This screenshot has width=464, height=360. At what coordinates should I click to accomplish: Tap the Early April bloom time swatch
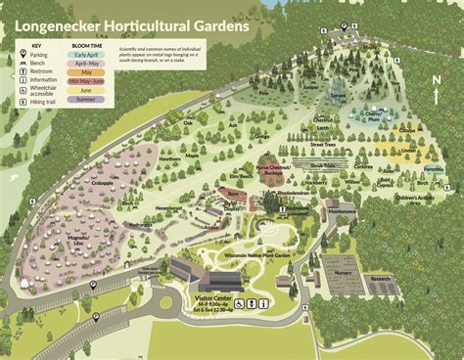tap(90, 56)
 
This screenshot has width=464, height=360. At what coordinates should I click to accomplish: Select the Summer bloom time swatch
tap(90, 99)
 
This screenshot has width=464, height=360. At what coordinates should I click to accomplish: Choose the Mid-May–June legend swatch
tap(90, 81)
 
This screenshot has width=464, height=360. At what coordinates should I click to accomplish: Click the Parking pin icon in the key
tap(22, 55)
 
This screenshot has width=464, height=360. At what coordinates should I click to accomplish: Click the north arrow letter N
tap(436, 79)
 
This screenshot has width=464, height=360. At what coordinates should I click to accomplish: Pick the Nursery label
tap(343, 273)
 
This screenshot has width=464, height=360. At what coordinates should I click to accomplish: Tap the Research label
tap(381, 278)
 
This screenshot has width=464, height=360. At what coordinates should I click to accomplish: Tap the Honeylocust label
tap(168, 208)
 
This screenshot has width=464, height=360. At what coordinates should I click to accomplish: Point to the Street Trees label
tap(324, 144)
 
